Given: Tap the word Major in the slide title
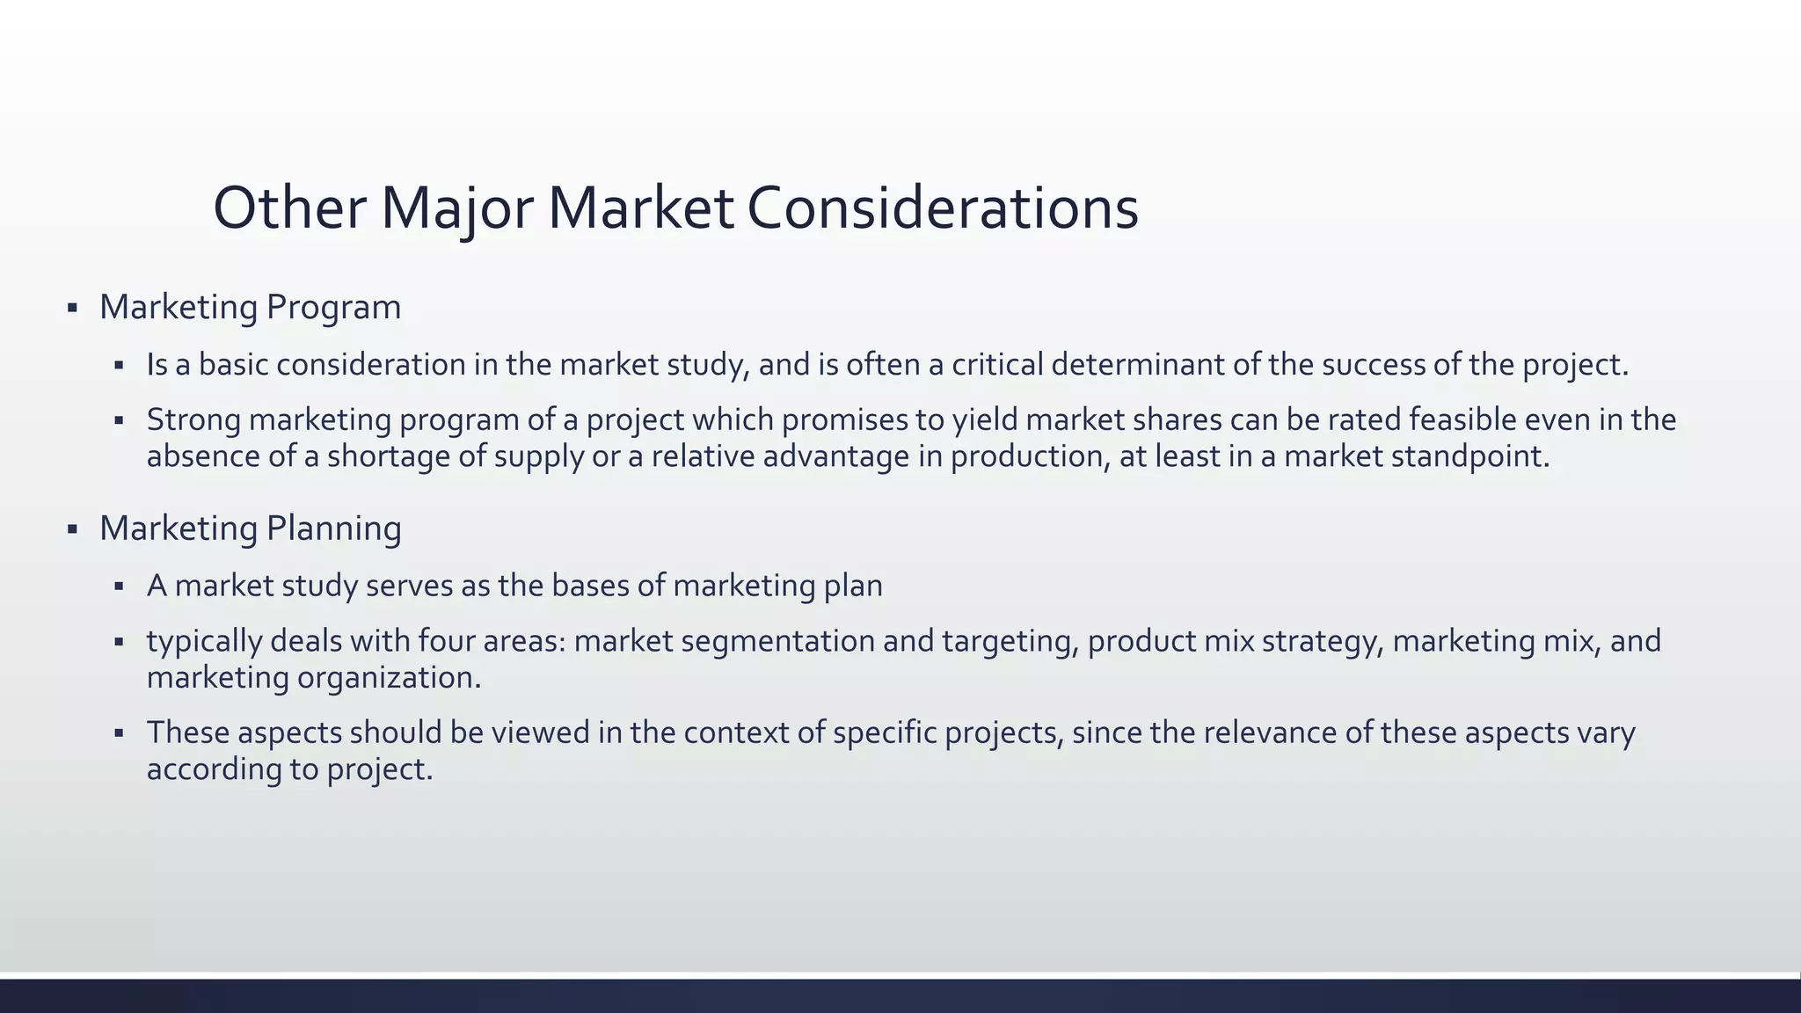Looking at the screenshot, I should [456, 209].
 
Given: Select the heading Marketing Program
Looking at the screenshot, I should [250, 307].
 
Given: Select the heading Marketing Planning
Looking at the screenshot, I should [250, 528].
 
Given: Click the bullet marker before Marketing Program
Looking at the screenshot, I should [72, 309].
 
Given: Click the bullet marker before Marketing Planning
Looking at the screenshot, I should [72, 530].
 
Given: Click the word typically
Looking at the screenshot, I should [204, 641].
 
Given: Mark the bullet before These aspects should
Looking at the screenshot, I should [119, 733].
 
